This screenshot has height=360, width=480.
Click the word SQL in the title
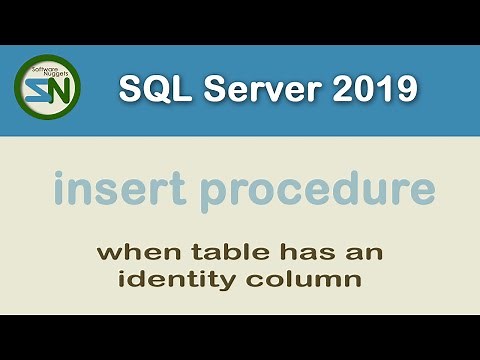(x=150, y=89)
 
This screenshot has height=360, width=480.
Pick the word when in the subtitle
(x=131, y=252)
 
